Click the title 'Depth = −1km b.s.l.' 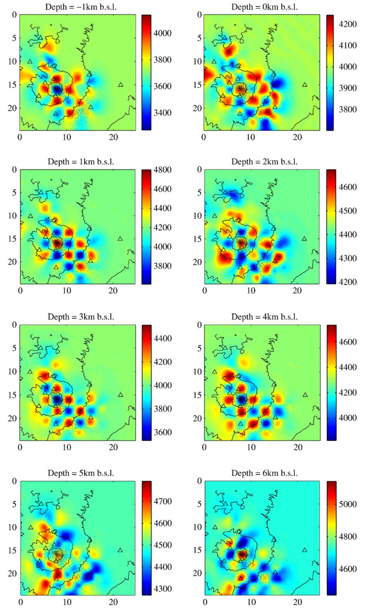(x=81, y=7)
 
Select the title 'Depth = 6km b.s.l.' (x=264, y=473)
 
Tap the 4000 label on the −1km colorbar (x=163, y=33)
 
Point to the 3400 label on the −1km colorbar (x=163, y=113)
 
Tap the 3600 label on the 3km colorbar (x=163, y=432)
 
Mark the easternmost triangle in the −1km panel (x=121, y=85)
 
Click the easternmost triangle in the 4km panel (x=305, y=395)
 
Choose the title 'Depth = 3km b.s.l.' (x=81, y=317)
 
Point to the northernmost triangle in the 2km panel (x=225, y=192)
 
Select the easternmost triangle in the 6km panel (x=304, y=550)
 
